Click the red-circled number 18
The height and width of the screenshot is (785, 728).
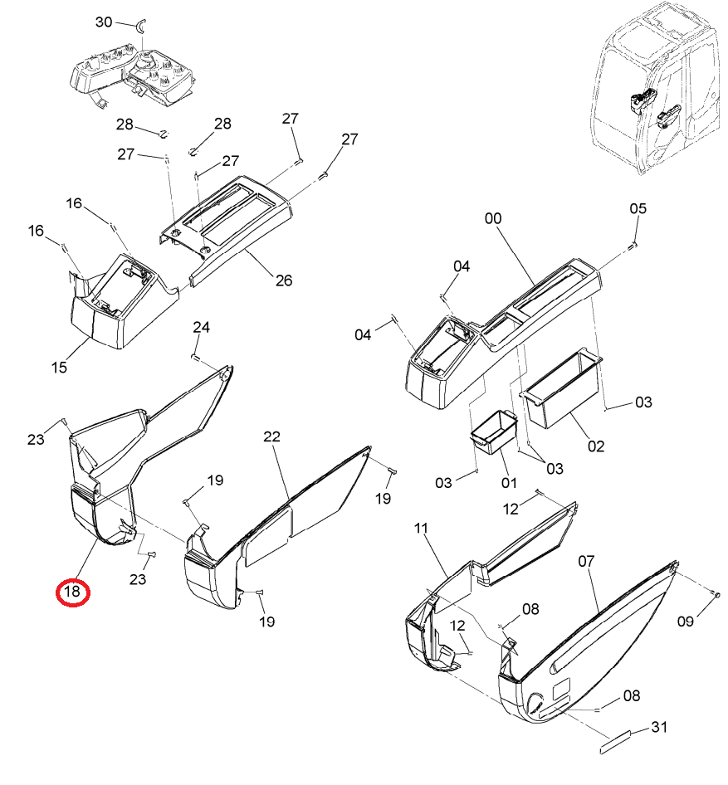coord(72,592)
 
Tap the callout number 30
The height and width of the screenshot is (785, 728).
coord(104,22)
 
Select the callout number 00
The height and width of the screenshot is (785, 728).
coord(493,218)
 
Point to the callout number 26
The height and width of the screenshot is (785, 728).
coord(284,280)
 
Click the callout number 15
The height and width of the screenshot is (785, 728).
coord(59,368)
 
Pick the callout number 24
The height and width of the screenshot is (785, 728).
coord(201,328)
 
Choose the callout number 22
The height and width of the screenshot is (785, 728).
coord(272,436)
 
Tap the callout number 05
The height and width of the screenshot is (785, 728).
coord(638,208)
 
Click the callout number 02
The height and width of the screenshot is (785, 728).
coord(596,446)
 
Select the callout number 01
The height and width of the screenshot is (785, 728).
coord(509,483)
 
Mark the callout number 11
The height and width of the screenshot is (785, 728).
coord(421,528)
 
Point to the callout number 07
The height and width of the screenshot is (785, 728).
coord(586,561)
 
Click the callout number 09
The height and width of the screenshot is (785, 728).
coord(686,622)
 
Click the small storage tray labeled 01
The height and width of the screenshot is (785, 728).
coord(494,432)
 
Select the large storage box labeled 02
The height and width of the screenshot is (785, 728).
coord(562,388)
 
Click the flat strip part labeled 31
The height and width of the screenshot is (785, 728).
coord(615,742)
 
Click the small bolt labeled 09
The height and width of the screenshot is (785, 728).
coord(716,594)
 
